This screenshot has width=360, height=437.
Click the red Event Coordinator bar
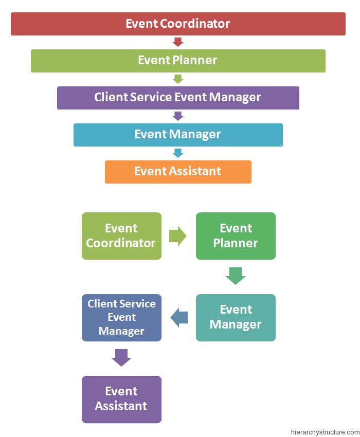(178, 24)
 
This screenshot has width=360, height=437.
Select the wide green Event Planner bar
(178, 61)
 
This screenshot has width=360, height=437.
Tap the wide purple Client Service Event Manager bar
(178, 98)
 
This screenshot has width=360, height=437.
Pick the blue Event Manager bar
(178, 135)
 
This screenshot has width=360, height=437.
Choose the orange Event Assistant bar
(178, 172)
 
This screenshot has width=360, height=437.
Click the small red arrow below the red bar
(178, 42)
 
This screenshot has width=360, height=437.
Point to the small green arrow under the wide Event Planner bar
(178, 79)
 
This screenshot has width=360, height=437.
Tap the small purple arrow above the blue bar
(178, 116)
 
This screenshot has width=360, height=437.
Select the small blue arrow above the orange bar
(178, 153)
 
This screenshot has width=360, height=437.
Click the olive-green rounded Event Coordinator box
(121, 236)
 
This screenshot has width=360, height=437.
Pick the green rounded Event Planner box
(236, 236)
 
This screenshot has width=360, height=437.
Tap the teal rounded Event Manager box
(236, 318)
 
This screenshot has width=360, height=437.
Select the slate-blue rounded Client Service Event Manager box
(121, 318)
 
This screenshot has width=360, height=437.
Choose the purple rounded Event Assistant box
(121, 399)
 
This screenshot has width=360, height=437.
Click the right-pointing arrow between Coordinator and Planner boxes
(178, 236)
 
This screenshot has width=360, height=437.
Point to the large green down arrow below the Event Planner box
(236, 276)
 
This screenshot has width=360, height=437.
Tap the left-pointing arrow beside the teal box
(179, 318)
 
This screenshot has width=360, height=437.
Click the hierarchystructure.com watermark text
(325, 432)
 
